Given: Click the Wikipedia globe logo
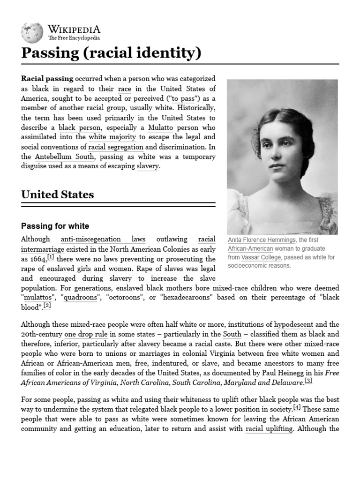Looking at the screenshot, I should click(x=32, y=32).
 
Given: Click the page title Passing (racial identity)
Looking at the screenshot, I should click(x=112, y=53).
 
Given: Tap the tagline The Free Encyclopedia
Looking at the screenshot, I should click(x=74, y=38).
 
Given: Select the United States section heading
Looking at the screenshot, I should click(x=58, y=195).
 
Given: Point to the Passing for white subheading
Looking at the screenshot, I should click(x=55, y=226).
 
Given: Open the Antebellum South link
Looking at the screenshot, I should click(x=64, y=157).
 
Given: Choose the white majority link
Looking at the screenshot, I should click(x=112, y=137).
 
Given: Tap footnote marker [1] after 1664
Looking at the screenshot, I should click(x=51, y=257).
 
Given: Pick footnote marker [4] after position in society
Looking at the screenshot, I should click(x=297, y=407).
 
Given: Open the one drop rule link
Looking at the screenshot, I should click(x=89, y=334).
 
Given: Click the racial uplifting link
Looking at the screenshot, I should click(x=270, y=429).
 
